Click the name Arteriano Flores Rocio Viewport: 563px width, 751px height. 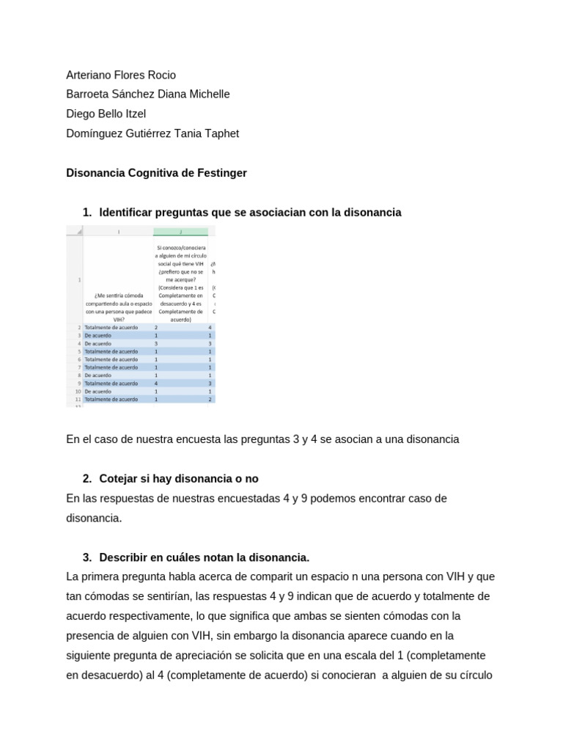(121, 75)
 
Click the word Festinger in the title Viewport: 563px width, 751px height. (221, 173)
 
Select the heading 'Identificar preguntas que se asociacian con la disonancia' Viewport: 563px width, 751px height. (250, 212)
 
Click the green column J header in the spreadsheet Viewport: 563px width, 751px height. (180, 232)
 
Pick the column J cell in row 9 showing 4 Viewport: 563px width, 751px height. (156, 384)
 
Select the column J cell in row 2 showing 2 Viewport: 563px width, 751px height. (156, 327)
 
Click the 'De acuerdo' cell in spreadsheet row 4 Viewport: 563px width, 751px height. (98, 343)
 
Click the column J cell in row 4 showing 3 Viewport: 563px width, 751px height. (156, 343)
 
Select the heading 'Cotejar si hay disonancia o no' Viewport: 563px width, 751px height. (179, 479)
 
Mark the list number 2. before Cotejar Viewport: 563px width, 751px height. (87, 479)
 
